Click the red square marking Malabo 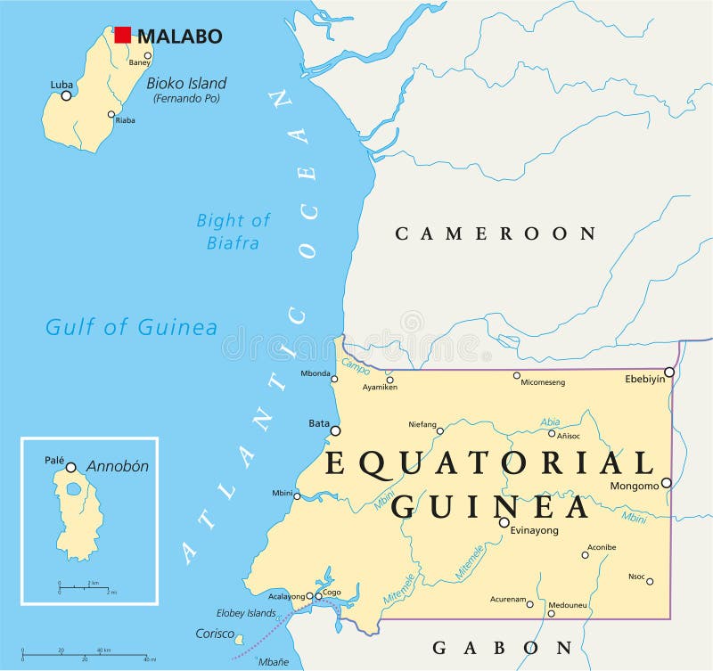click(123, 35)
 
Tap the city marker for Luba click(66, 95)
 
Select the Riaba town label click(125, 120)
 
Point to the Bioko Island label click(186, 84)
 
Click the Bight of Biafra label click(233, 231)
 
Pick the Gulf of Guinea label click(131, 327)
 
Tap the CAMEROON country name click(496, 233)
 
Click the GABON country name click(502, 647)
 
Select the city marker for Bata click(335, 430)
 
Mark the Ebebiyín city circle click(669, 372)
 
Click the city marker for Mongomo click(666, 482)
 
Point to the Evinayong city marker click(504, 523)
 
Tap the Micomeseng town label click(544, 383)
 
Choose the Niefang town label click(422, 424)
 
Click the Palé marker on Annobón click(70, 467)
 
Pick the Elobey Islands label click(246, 613)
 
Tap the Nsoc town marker click(650, 581)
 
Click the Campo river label click(356, 367)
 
